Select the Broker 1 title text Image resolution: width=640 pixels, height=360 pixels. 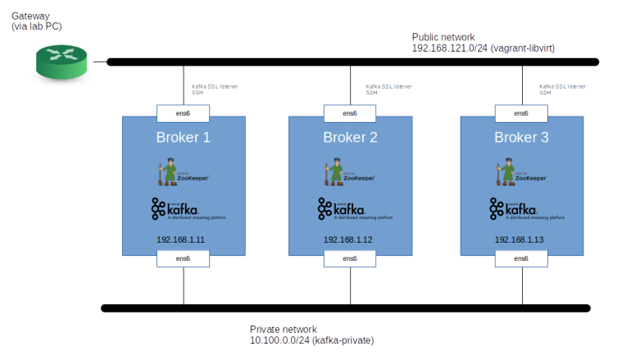point(184,137)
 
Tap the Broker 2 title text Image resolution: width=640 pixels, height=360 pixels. point(350,137)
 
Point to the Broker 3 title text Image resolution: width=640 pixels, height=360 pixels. point(521,137)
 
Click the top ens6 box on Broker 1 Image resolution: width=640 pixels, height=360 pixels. point(184,113)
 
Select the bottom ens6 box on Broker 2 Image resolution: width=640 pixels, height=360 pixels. point(350,259)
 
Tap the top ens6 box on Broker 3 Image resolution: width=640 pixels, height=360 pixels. point(521,113)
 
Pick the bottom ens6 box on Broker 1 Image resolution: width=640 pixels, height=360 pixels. point(184,259)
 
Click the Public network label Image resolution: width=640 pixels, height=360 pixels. point(483,43)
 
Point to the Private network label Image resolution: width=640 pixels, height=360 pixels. point(311,335)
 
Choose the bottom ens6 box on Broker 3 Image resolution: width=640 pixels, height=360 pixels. point(521,259)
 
